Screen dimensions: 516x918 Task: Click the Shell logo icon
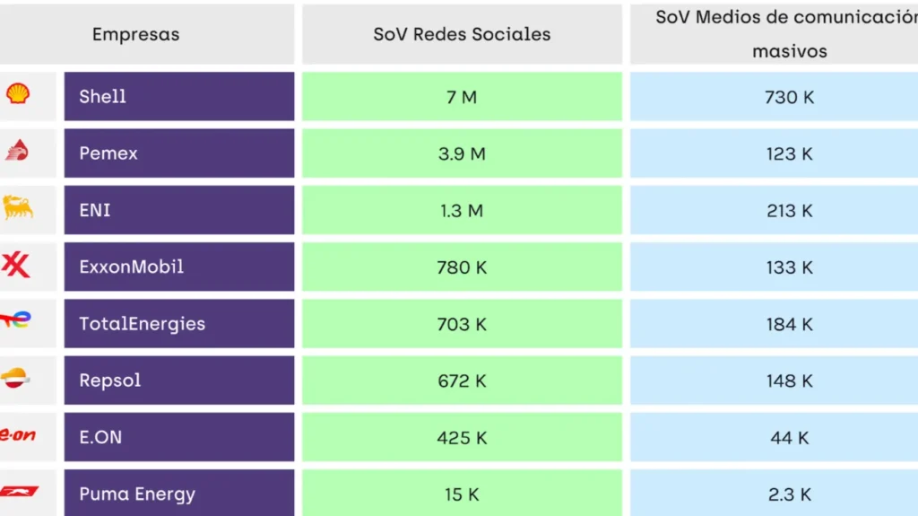pyautogui.click(x=18, y=93)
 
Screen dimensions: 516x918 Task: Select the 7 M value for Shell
pyautogui.click(x=462, y=97)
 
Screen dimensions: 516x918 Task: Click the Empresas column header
pyautogui.click(x=135, y=35)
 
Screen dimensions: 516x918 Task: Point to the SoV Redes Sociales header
pyautogui.click(x=462, y=35)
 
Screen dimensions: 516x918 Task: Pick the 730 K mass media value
pyautogui.click(x=789, y=97)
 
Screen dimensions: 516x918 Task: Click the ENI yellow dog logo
pyautogui.click(x=18, y=208)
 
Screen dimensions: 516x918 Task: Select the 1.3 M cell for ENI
pyautogui.click(x=462, y=211)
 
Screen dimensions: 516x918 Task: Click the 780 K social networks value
pyautogui.click(x=462, y=267)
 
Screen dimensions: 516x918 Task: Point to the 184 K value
pyautogui.click(x=789, y=324)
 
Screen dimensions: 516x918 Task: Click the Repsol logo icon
pyautogui.click(x=17, y=378)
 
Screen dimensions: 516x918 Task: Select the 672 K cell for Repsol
pyautogui.click(x=462, y=380)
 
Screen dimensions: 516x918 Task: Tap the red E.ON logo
pyautogui.click(x=17, y=435)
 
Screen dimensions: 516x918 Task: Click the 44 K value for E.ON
pyautogui.click(x=789, y=438)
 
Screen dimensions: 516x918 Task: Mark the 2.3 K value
pyautogui.click(x=789, y=494)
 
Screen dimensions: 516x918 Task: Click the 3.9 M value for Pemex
pyautogui.click(x=462, y=153)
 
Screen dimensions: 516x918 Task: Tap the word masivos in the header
pyautogui.click(x=789, y=51)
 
